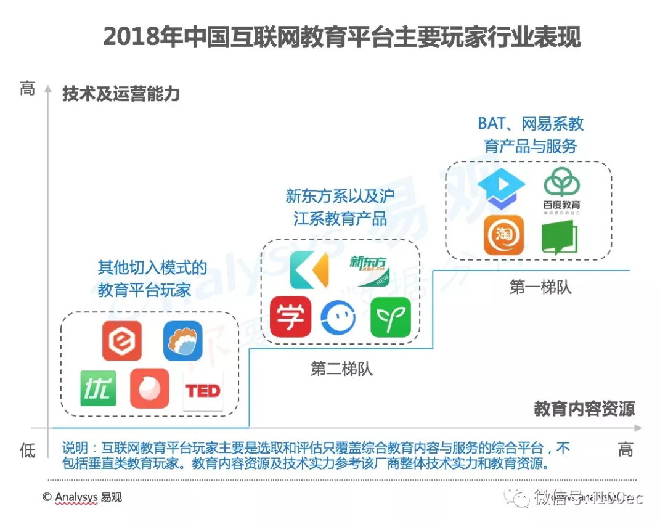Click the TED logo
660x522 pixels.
[203, 391]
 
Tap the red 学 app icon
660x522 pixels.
[290, 317]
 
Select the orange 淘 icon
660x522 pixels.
[503, 235]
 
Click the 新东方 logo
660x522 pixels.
[369, 269]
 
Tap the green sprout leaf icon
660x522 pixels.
[390, 317]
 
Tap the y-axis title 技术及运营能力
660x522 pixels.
[121, 94]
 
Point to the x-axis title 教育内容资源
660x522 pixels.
[584, 409]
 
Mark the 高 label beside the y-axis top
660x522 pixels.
[27, 89]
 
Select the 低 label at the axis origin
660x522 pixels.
[27, 451]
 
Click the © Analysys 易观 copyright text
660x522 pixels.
[82, 497]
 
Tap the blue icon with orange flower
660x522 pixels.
[182, 341]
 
